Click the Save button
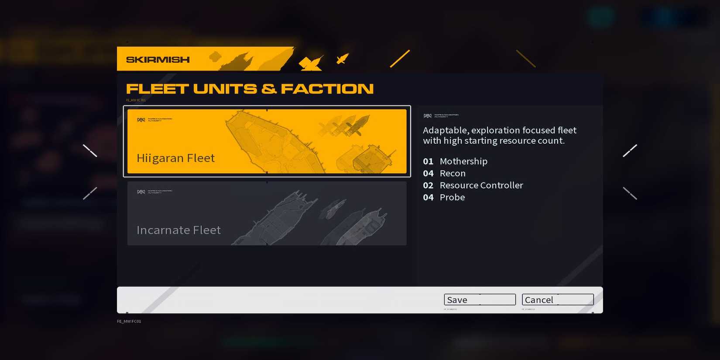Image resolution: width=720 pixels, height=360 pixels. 479,300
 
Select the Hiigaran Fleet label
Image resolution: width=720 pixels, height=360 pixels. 175,158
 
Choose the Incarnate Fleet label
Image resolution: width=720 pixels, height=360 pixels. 178,230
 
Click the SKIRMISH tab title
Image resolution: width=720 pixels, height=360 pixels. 158,60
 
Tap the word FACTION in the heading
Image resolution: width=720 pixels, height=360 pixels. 327,89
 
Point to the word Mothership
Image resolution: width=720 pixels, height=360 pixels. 463,161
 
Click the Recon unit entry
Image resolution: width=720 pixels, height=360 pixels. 453,173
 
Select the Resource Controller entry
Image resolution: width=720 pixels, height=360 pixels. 481,185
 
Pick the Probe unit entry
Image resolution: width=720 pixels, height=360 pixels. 452,197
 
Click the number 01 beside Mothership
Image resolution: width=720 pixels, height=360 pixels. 428,161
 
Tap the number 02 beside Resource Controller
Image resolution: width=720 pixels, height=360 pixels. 428,185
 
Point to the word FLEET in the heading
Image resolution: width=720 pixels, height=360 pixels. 157,89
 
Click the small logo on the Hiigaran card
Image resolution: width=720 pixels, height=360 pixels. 141,120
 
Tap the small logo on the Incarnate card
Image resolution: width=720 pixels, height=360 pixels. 141,192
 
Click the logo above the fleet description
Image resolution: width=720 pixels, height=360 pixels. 428,116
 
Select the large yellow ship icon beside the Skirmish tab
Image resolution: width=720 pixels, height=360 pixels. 311,63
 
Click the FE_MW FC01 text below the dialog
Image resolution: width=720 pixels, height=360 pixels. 129,322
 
